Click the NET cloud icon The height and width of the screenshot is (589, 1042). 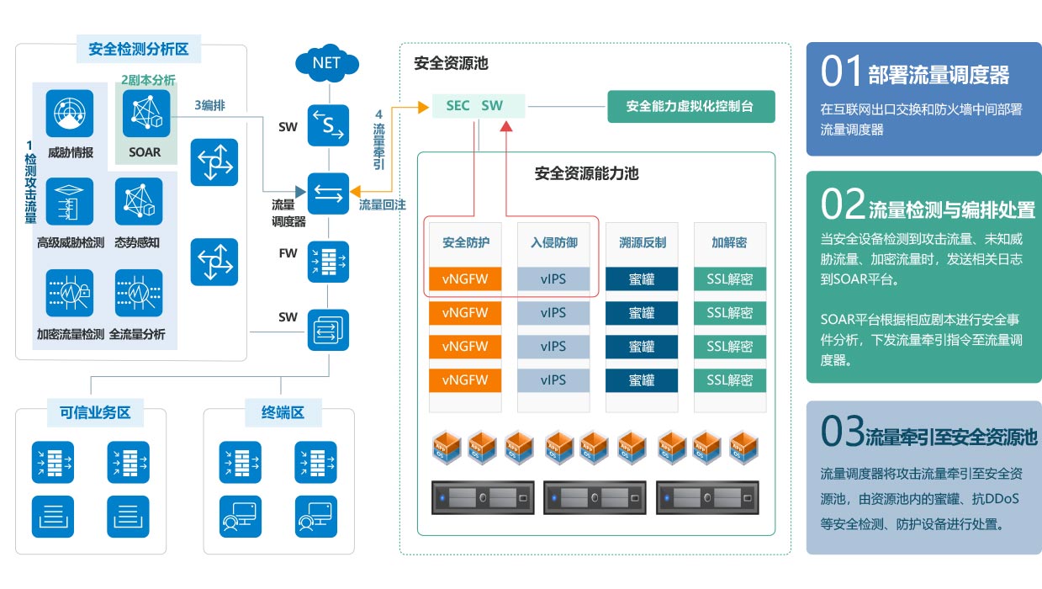327,63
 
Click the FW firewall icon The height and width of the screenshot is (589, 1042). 327,260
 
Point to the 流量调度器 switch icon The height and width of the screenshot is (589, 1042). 327,195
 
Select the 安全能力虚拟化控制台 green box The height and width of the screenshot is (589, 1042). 690,107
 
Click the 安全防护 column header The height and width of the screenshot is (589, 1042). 466,242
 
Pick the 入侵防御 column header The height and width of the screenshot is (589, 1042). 553,242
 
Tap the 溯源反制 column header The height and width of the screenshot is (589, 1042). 642,242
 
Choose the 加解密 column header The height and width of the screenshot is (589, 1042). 729,242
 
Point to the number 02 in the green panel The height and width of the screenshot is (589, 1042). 843,205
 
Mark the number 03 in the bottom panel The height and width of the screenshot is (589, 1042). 843,432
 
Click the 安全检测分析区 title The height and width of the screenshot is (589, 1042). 139,50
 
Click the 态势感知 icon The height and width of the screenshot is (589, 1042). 138,203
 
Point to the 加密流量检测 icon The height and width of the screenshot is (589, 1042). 70,294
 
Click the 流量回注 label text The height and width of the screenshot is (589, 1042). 383,204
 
